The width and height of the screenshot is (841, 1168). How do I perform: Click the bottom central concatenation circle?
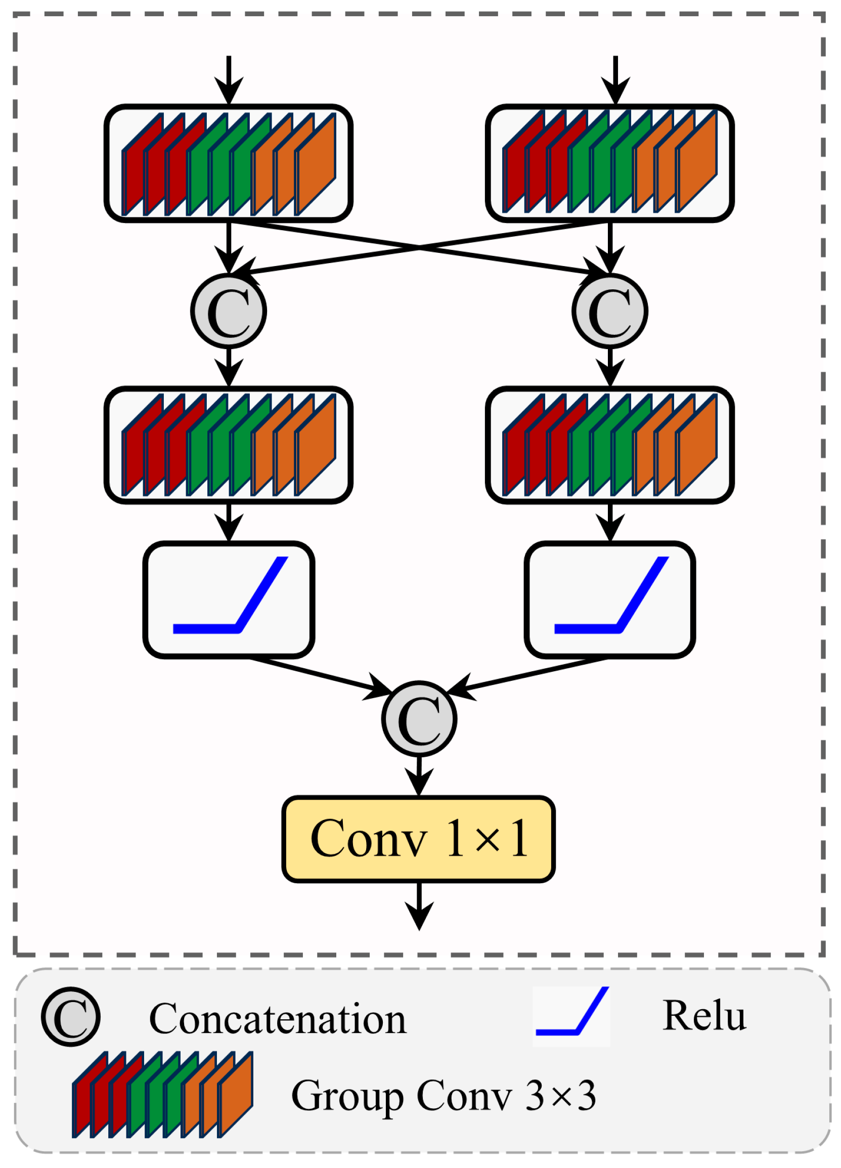[x=419, y=719]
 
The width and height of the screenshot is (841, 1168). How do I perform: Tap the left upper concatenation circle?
[x=229, y=311]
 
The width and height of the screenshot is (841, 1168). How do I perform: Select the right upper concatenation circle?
[x=610, y=311]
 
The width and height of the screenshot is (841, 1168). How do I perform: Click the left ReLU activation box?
[x=229, y=599]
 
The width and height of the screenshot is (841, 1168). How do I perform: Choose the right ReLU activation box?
[x=610, y=599]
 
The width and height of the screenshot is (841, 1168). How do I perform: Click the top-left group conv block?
[x=229, y=163]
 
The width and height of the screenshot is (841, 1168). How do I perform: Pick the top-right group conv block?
[x=610, y=163]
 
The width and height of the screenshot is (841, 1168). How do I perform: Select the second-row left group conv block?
[x=229, y=445]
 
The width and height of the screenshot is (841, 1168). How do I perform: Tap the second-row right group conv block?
[x=610, y=445]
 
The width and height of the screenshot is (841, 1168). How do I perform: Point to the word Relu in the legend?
[x=704, y=1017]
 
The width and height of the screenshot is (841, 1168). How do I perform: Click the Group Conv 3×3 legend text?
[x=444, y=1096]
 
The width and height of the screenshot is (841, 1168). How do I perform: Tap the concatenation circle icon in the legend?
[x=71, y=1017]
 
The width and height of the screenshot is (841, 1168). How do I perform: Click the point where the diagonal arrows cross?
[x=419, y=247]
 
